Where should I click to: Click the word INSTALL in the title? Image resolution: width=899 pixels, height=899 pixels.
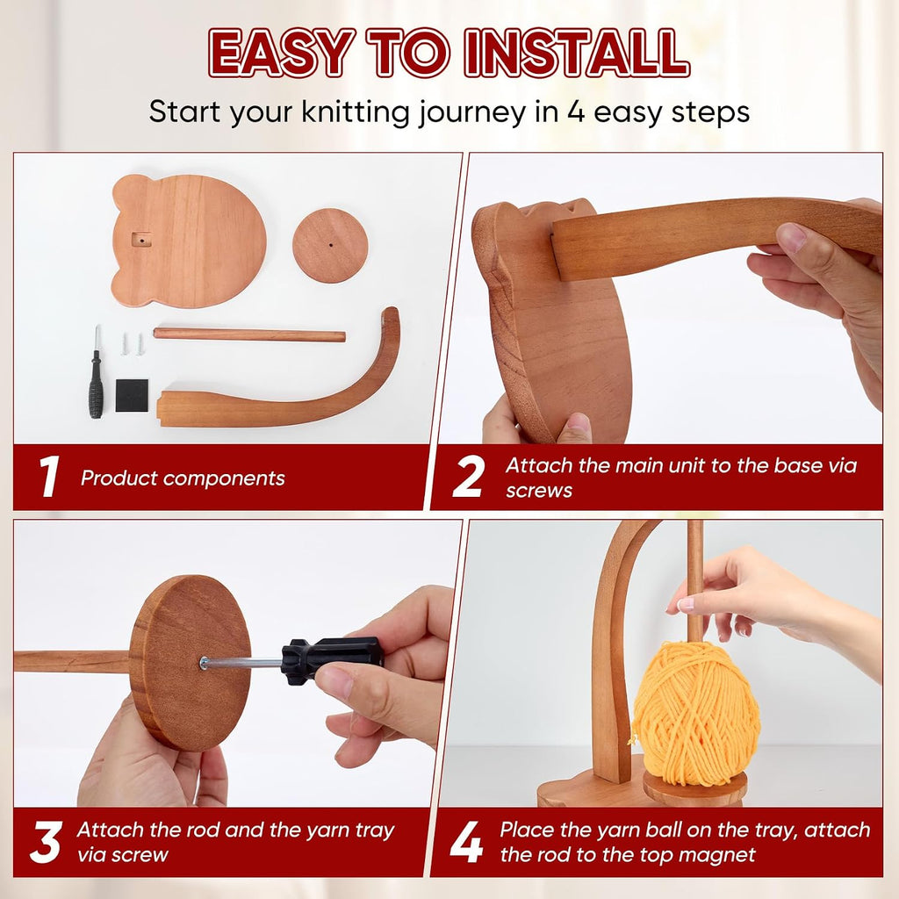576,53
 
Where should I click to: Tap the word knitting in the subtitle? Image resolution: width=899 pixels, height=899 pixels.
355,111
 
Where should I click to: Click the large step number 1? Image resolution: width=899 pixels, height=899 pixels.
49,476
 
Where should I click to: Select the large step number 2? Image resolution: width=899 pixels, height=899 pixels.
468,476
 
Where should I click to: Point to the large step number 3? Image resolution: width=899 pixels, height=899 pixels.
46,842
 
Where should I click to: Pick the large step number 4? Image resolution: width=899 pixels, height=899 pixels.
466,842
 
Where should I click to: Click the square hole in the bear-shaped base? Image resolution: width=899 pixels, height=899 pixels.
140,239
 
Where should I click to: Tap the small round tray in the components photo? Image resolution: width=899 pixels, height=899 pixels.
330,246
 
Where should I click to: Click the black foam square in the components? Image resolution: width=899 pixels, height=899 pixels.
132,395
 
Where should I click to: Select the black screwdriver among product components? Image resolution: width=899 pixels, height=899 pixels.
96,372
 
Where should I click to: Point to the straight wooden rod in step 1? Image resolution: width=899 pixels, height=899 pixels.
249,334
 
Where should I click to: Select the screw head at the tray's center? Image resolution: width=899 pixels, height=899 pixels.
203,663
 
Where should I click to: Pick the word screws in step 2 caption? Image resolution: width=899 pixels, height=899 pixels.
538,491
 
